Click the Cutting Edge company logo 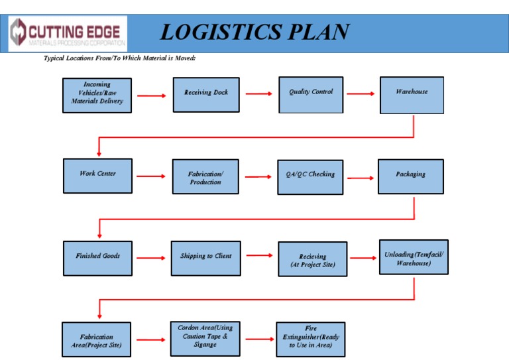(67, 34)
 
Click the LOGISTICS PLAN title (254, 32)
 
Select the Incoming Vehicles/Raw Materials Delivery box (97, 95)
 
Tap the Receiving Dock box (206, 95)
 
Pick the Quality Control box (311, 95)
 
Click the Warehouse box (412, 95)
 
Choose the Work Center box (97, 176)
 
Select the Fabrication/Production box (205, 176)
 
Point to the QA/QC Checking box (310, 177)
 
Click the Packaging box (411, 176)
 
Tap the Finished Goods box (97, 258)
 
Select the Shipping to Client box (205, 258)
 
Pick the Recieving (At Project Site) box (313, 259)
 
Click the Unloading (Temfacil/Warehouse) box (414, 258)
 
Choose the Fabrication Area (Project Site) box (97, 340)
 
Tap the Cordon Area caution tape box (205, 339)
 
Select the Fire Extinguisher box (311, 339)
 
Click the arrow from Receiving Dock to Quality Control (258, 94)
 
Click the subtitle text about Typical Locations (119, 59)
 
